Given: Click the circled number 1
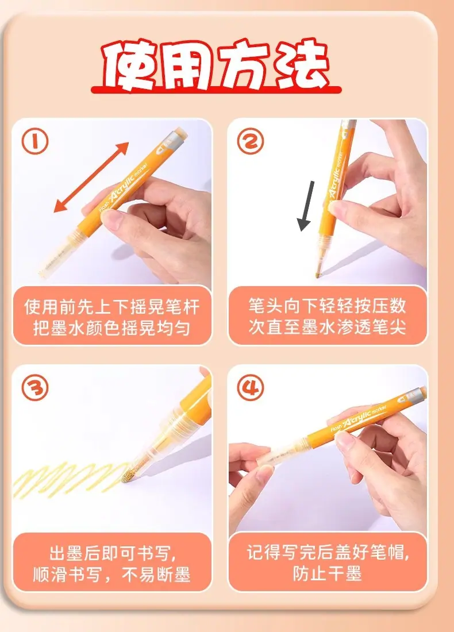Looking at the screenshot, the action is pyautogui.click(x=34, y=142).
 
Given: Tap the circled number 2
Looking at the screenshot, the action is pyautogui.click(x=251, y=141).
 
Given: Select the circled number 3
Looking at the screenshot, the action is pyautogui.click(x=34, y=388).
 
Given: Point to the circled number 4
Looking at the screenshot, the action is pyautogui.click(x=251, y=388).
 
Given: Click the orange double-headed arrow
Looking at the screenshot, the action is pyautogui.click(x=91, y=178).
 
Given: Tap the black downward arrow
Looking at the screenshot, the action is pyautogui.click(x=306, y=206).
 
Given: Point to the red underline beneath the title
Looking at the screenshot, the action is pyautogui.click(x=216, y=90).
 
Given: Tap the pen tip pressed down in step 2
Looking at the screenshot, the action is pyautogui.click(x=318, y=275).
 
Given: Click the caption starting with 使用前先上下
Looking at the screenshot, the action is pyautogui.click(x=111, y=317).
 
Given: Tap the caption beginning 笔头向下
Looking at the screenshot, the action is pyautogui.click(x=327, y=317).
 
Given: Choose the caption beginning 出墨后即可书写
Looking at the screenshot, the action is pyautogui.click(x=111, y=564).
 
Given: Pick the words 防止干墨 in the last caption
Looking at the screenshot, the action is pyautogui.click(x=327, y=573).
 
